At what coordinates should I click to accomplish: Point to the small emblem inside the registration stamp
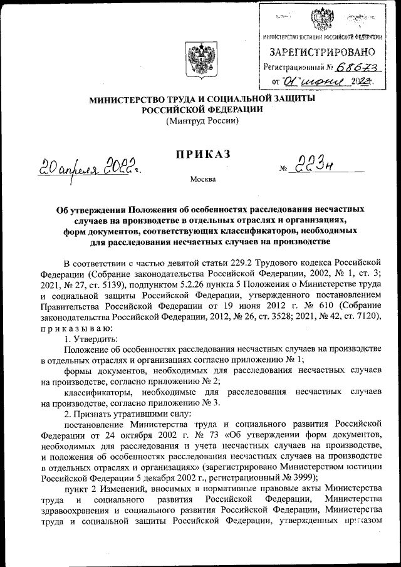click(x=323, y=18)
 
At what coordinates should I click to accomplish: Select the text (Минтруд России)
click(x=202, y=120)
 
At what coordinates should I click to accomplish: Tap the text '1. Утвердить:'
click(x=90, y=338)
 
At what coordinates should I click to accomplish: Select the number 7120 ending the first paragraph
click(x=368, y=317)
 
